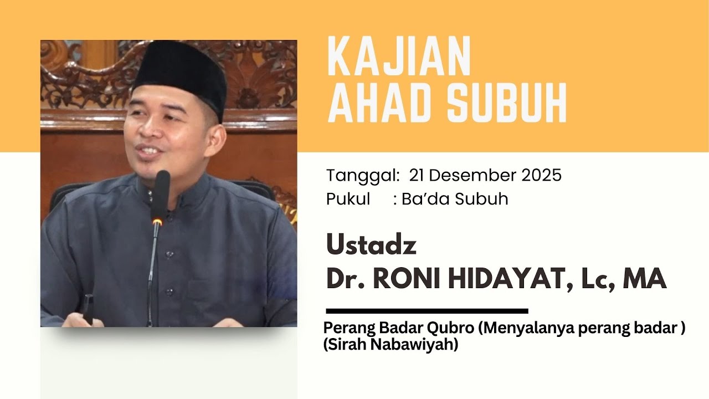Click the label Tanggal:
point(363,176)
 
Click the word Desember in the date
point(472,175)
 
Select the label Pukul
point(348,199)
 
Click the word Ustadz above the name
point(371,245)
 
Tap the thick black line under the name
point(427,311)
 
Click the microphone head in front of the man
point(162,191)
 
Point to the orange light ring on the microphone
point(157,222)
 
